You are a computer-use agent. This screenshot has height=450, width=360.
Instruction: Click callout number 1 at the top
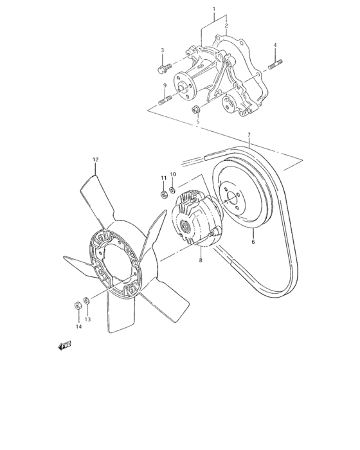(x=214, y=10)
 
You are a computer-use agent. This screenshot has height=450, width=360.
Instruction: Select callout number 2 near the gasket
(x=226, y=25)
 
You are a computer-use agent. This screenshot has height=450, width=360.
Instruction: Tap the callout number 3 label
(x=162, y=50)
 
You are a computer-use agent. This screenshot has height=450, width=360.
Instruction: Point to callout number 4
(x=274, y=45)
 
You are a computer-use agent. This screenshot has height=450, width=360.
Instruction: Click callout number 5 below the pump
(x=198, y=122)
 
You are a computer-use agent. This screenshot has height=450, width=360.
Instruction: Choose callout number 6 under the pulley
(x=253, y=242)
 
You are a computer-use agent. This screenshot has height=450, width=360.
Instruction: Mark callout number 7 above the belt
(x=249, y=136)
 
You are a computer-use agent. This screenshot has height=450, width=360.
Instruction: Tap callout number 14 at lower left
(x=78, y=327)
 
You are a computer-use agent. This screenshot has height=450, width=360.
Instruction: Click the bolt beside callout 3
(x=163, y=66)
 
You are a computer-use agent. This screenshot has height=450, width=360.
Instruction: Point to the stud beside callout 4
(x=275, y=63)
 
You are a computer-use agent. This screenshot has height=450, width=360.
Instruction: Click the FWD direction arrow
(x=64, y=345)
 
